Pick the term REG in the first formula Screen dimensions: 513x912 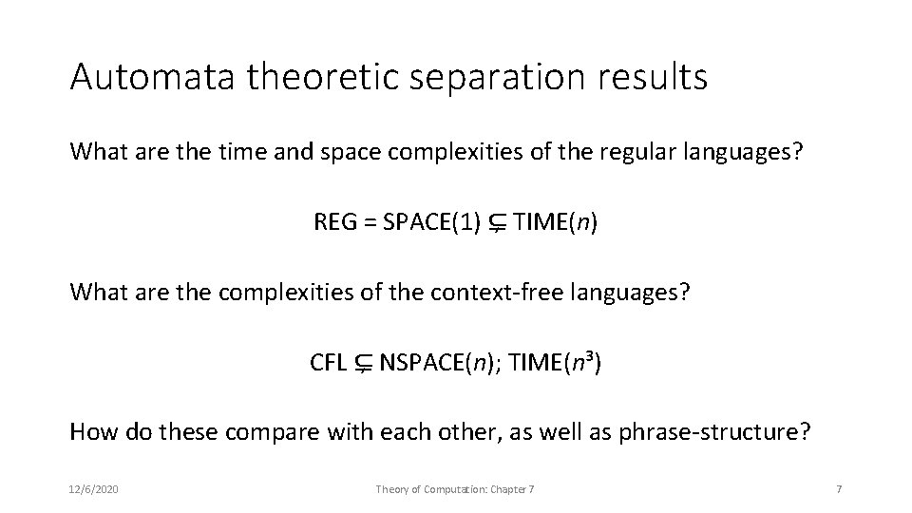click(x=333, y=223)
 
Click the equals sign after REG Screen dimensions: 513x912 click(x=368, y=223)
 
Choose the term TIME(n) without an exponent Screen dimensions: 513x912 click(x=556, y=223)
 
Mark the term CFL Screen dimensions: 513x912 click(x=329, y=363)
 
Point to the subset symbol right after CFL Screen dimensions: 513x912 click(x=363, y=364)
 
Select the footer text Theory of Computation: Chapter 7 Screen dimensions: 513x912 click(x=455, y=488)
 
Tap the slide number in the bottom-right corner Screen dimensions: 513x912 click(x=837, y=488)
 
